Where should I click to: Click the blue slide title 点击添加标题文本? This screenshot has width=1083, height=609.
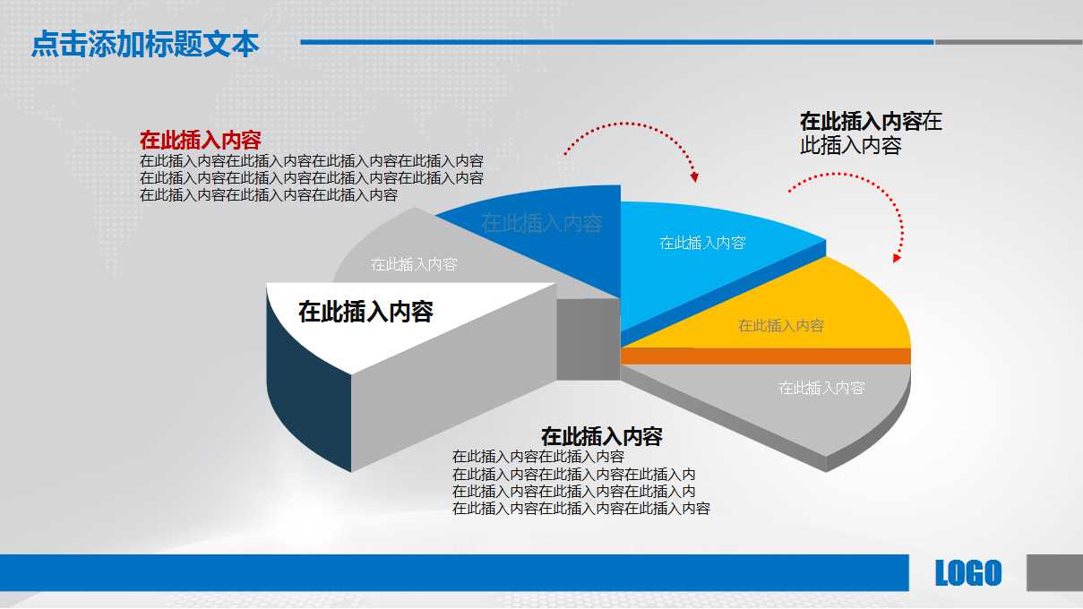click(x=145, y=44)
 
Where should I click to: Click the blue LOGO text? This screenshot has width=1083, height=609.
click(x=967, y=573)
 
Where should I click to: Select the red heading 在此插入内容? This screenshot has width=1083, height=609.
click(x=200, y=141)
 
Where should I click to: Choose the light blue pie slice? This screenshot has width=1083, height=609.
click(x=708, y=260)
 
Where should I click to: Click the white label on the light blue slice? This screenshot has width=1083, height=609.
click(x=702, y=243)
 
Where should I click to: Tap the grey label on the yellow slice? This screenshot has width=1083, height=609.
click(x=781, y=326)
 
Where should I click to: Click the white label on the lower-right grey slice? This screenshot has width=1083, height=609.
click(x=821, y=388)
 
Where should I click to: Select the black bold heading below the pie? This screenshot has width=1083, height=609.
click(x=601, y=437)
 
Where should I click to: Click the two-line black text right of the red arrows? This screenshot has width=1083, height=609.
click(x=870, y=133)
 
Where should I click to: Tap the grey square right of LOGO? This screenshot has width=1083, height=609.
click(x=1054, y=572)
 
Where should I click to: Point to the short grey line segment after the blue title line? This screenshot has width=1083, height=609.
click(x=1008, y=42)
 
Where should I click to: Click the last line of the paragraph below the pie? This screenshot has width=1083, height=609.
click(x=580, y=509)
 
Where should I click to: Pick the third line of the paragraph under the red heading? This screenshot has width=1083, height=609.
click(x=268, y=194)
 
